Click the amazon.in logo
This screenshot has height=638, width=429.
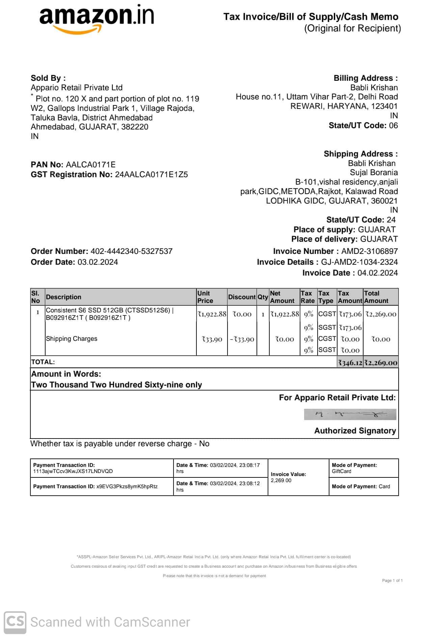pos(97,19)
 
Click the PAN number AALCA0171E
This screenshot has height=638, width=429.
pos(90,165)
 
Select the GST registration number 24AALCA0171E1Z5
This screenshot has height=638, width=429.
pos(151,175)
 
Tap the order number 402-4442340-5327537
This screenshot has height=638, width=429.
pos(131,251)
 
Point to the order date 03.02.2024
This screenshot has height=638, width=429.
pos(98,262)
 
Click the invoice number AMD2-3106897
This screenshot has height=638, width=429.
pos(369,251)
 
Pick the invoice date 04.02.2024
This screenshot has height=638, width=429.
pos(377,273)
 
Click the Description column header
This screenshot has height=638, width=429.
pos(63,297)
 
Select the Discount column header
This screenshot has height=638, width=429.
pos(242,297)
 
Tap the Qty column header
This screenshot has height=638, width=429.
pos(263,297)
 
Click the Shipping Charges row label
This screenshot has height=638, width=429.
pos(72,339)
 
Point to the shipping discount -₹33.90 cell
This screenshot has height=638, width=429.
pos(242,339)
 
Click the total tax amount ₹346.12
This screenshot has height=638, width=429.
pos(350,363)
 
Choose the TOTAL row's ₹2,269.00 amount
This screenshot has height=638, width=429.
pos(381,363)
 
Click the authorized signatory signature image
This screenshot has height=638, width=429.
pos(350,415)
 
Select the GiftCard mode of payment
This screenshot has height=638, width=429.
pos(341,471)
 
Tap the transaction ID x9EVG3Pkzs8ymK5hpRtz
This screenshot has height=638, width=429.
pos(127,487)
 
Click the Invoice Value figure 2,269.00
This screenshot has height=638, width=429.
pos(281,480)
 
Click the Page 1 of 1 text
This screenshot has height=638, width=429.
pos(392,581)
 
